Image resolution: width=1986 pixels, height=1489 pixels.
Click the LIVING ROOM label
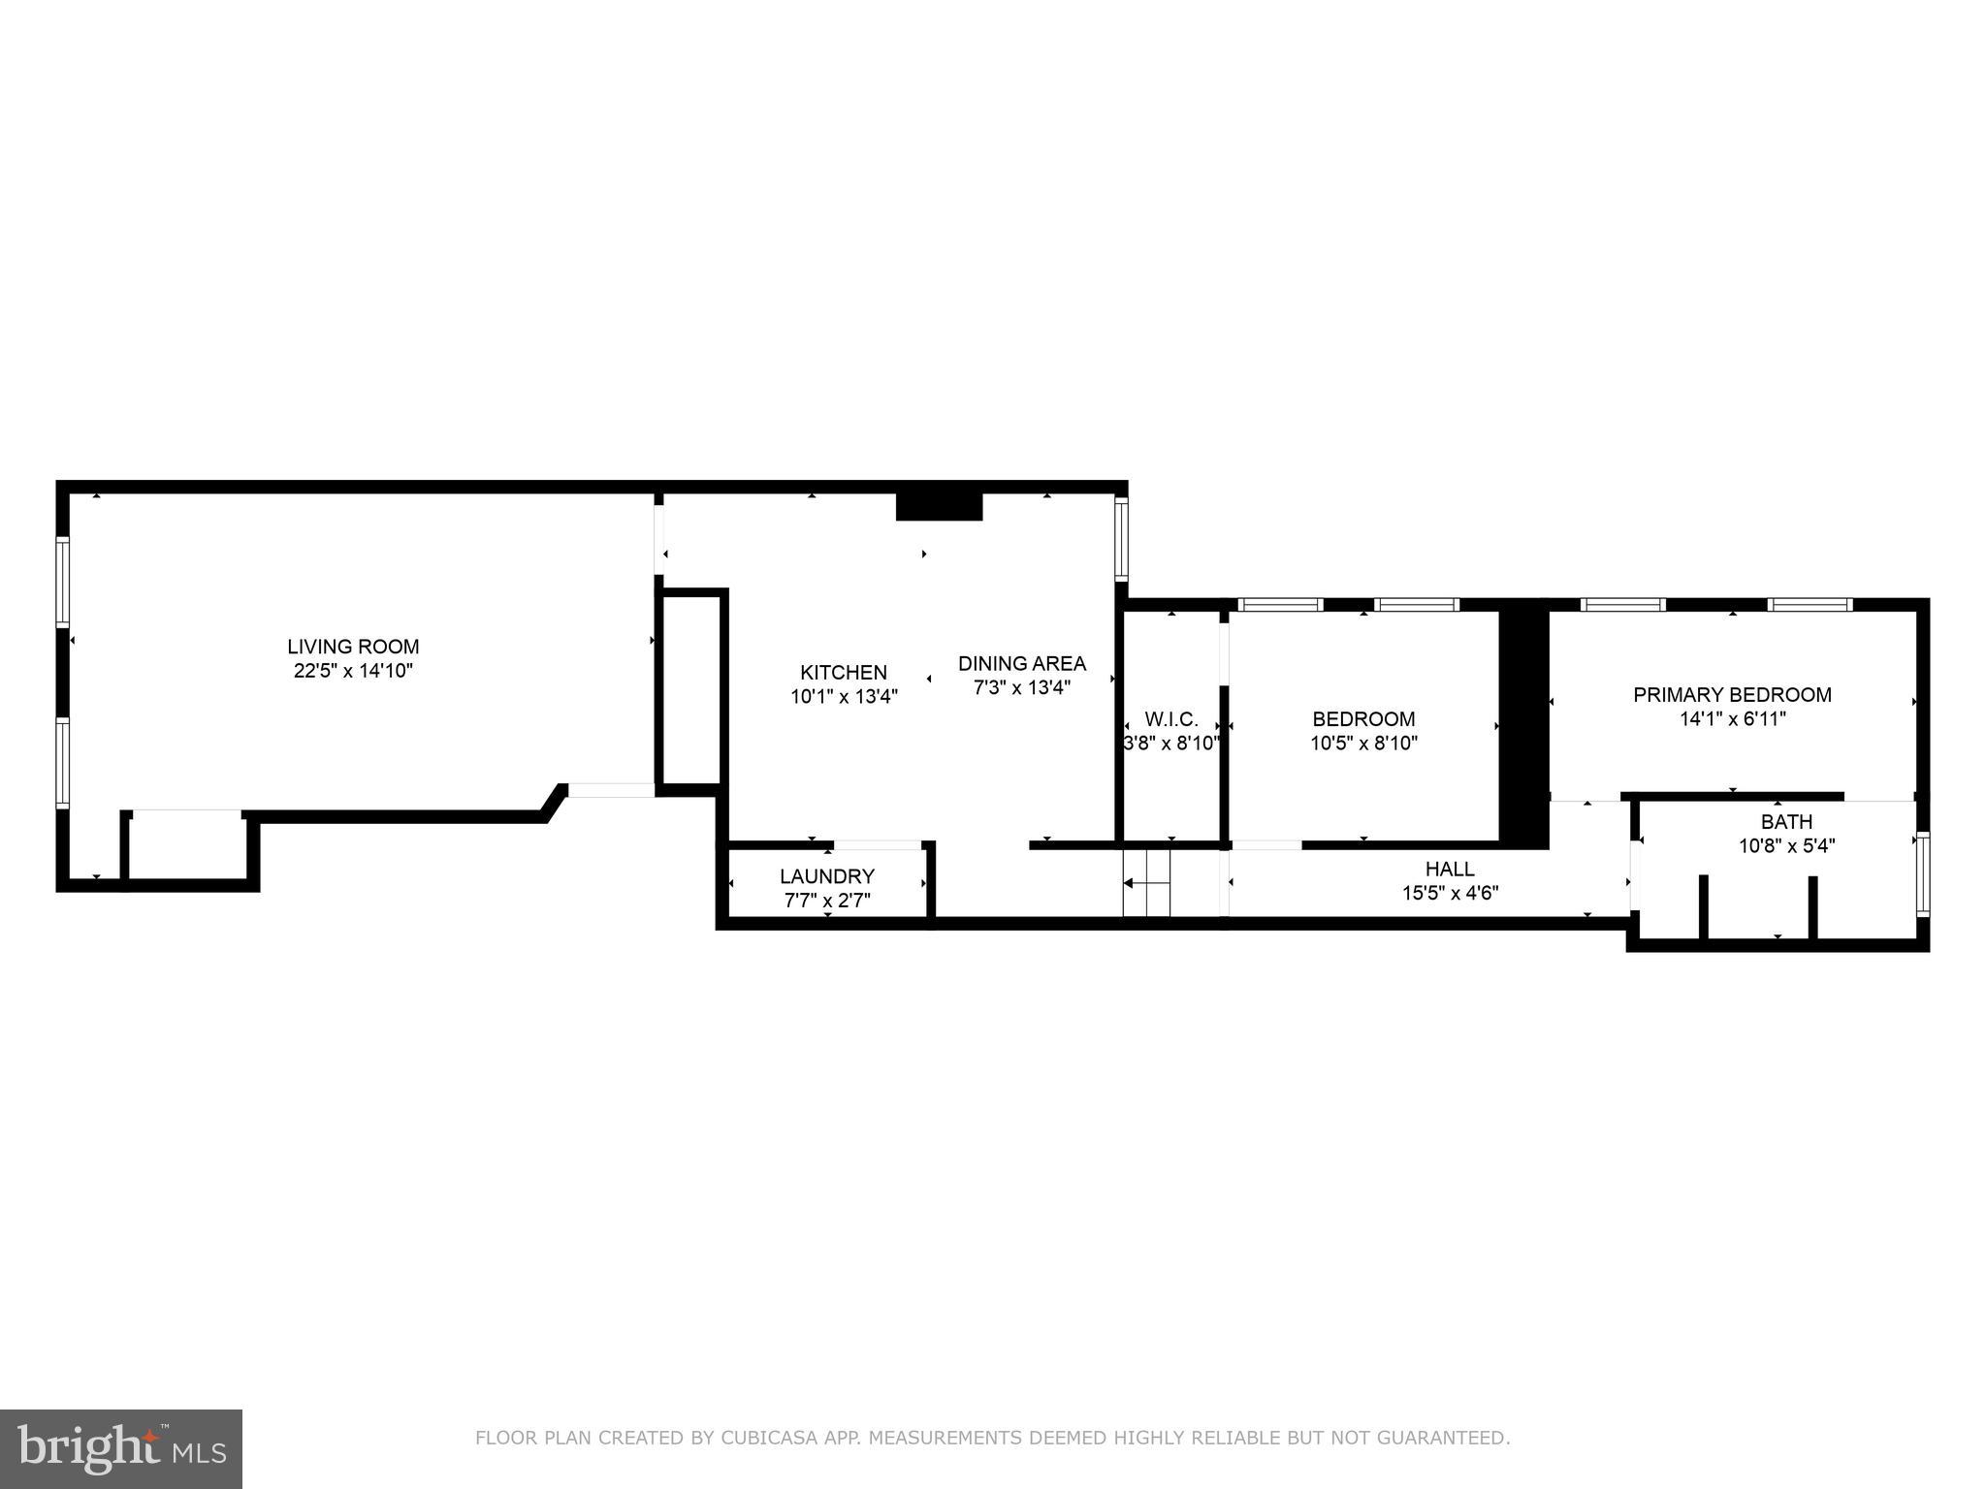click(353, 647)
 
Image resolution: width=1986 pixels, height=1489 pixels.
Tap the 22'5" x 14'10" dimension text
click(353, 671)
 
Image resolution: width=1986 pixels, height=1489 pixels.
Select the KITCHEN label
click(843, 672)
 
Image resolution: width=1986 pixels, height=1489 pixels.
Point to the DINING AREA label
click(1021, 663)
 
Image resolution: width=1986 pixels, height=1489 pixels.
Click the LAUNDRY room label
click(826, 876)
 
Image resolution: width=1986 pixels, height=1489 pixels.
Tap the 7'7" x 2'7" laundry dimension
click(826, 901)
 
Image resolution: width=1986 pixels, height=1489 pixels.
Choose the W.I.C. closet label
click(1170, 719)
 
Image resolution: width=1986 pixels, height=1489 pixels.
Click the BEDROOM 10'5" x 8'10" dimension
click(1363, 744)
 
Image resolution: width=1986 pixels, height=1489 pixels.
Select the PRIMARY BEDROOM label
click(1732, 694)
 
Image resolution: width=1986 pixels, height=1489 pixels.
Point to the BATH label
click(1786, 822)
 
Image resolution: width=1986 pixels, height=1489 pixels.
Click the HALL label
click(1450, 869)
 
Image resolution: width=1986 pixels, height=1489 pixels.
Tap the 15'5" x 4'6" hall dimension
click(1450, 893)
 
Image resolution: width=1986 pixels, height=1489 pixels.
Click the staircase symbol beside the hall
click(1147, 882)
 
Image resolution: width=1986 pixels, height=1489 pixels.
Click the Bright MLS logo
click(120, 1448)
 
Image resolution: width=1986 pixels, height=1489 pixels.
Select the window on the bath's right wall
click(1923, 872)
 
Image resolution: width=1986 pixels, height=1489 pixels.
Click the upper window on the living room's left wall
click(63, 582)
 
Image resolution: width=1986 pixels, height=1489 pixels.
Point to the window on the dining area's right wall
click(1121, 538)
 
